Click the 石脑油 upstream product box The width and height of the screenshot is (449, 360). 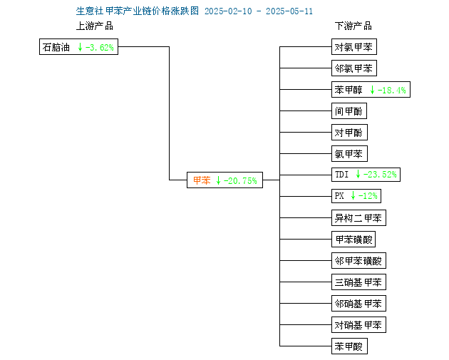[x=78, y=46]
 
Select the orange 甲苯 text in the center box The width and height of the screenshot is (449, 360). [x=202, y=180]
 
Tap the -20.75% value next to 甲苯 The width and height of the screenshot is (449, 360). [x=240, y=181]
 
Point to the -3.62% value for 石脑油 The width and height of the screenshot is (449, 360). [x=100, y=47]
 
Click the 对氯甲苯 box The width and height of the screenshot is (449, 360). [x=354, y=46]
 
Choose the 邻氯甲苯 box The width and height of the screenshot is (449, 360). [x=354, y=68]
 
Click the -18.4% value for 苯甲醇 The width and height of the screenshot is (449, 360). [x=392, y=91]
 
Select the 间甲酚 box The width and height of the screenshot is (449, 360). [x=349, y=110]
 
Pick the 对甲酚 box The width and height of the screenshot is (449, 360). [x=349, y=133]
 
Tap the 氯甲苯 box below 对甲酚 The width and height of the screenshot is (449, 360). [x=349, y=154]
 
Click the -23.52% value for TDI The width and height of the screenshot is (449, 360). [x=380, y=175]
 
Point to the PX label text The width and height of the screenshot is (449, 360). [x=339, y=196]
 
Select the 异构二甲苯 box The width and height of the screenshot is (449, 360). [x=358, y=218]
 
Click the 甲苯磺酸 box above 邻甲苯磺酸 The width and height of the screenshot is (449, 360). [x=353, y=239]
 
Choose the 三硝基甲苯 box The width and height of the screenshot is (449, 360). [x=358, y=282]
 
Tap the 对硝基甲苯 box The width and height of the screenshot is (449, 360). [x=358, y=325]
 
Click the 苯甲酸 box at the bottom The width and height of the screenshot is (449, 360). [x=349, y=346]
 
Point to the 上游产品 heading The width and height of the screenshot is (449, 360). [x=95, y=26]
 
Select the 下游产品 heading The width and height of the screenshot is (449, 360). [x=353, y=26]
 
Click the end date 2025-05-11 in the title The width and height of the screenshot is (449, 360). [x=289, y=11]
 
